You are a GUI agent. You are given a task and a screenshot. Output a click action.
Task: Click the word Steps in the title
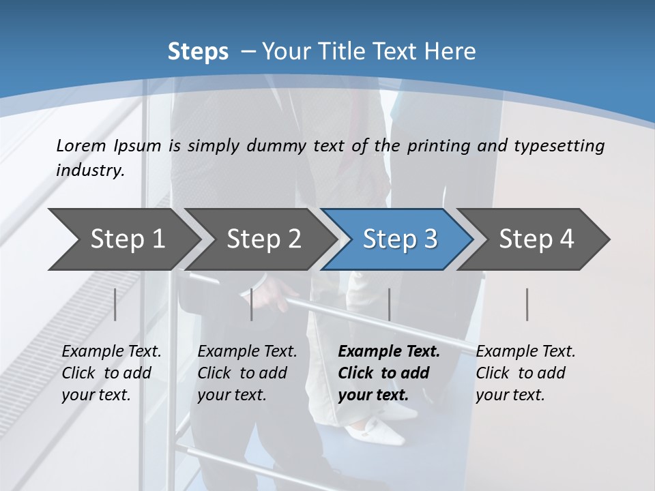(198, 52)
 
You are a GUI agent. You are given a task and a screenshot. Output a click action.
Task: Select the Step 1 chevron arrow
(123, 239)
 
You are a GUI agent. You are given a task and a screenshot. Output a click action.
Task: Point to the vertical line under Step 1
(115, 304)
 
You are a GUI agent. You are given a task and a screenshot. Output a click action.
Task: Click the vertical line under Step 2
(252, 304)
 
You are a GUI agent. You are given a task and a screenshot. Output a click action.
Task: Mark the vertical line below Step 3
(389, 304)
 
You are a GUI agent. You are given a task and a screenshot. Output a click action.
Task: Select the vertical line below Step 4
(527, 304)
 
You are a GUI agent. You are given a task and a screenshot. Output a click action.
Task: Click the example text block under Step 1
(111, 373)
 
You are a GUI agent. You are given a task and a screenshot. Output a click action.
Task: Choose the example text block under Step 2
(247, 373)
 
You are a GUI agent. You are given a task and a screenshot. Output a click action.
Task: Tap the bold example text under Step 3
(389, 373)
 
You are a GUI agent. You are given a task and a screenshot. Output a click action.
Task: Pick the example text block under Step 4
(525, 373)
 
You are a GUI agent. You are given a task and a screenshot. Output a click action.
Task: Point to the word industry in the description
(90, 170)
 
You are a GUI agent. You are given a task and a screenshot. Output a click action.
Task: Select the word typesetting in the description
(559, 146)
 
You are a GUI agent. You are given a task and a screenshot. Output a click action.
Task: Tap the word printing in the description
(437, 146)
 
